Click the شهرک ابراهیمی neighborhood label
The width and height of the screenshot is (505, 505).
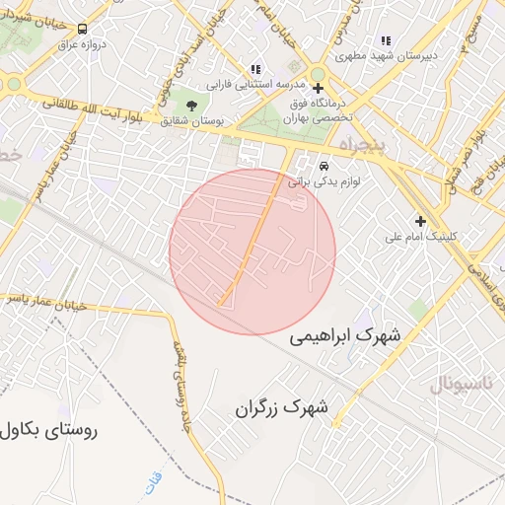345,337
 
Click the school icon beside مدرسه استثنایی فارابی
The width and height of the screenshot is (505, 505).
256,69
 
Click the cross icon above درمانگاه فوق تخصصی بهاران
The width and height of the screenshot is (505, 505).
318,88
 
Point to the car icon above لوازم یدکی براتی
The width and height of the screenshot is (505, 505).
324,164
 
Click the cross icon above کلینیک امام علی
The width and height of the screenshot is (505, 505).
421,221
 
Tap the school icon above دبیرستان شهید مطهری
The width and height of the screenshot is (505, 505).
385,40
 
